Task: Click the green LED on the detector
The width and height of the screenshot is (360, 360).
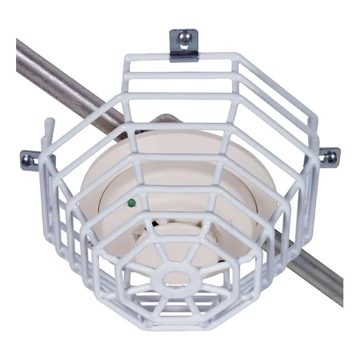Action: [x=131, y=203]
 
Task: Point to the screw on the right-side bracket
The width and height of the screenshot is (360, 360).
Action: [x=331, y=158]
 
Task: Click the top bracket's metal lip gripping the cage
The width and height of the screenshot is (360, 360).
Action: [x=183, y=55]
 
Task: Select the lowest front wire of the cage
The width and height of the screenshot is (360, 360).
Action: [x=180, y=322]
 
